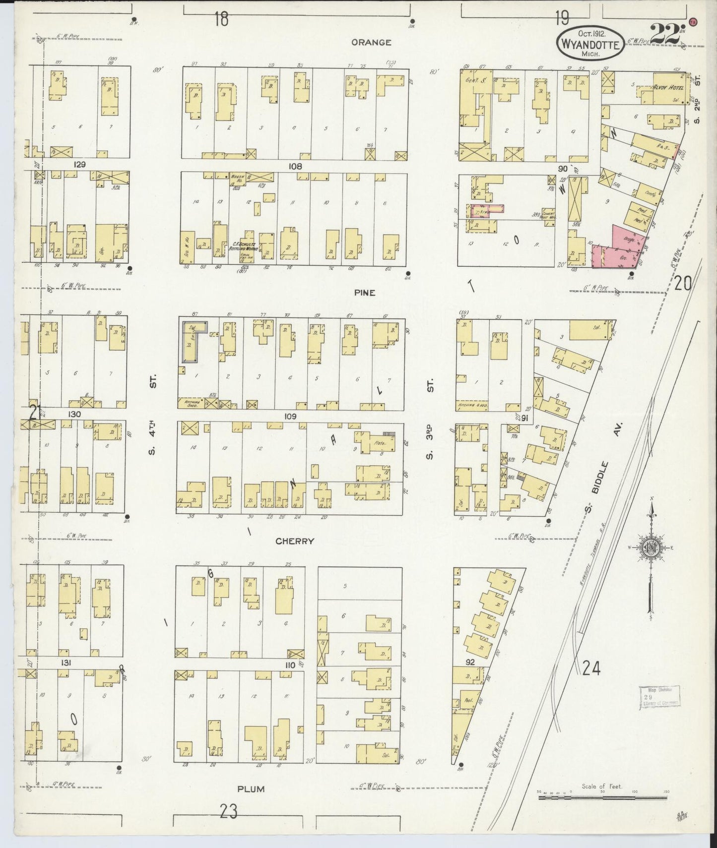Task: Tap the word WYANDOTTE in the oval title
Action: tap(590, 44)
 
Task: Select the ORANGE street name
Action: tap(371, 43)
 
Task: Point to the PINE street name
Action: tap(364, 293)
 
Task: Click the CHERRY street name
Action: tap(295, 541)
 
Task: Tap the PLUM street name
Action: tap(251, 788)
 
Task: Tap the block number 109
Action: tap(290, 416)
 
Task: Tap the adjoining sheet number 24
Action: tap(591, 669)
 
